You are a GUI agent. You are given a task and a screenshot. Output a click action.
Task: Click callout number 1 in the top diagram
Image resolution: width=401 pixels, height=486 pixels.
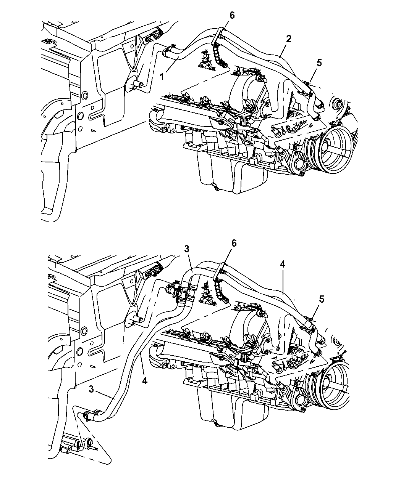(162, 77)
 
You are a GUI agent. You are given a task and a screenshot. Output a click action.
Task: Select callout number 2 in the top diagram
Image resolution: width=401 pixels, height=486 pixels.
(289, 38)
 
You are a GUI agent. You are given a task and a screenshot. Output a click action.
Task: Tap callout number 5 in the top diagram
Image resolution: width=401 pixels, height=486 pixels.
(319, 63)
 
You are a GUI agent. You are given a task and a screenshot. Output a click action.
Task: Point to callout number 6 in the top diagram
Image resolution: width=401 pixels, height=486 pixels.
(232, 16)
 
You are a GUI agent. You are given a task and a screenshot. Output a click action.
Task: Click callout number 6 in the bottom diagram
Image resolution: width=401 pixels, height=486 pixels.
(234, 243)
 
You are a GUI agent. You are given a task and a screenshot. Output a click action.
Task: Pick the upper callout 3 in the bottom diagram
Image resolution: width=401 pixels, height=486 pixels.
(186, 249)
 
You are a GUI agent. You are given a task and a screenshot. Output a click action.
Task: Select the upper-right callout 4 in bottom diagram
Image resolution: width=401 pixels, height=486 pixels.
(283, 263)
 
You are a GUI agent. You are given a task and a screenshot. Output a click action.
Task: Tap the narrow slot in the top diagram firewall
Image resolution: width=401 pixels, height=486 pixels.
(93, 131)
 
